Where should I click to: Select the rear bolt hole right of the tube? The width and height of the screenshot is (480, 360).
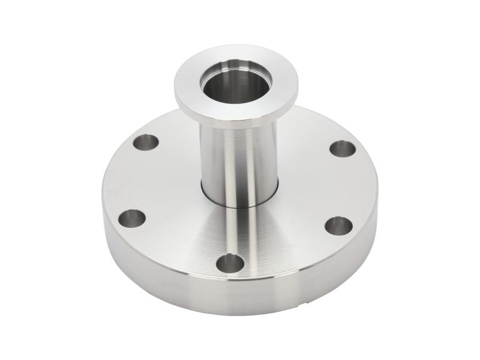(340, 148)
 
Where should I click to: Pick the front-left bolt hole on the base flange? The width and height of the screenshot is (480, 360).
(133, 217)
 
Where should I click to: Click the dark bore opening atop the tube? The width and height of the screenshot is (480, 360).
(223, 90)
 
